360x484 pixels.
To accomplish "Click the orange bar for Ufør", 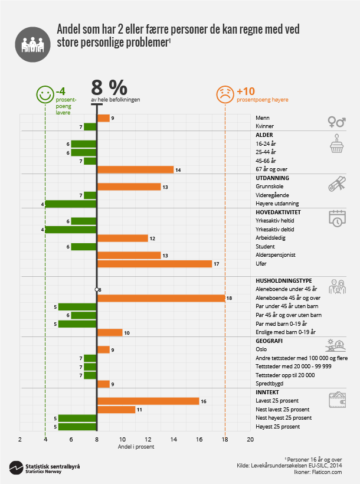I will tap(154, 264).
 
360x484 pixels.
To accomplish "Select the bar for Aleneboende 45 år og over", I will tap(161, 298).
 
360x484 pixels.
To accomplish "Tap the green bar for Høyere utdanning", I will tap(71, 204).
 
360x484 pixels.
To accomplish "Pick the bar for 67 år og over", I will tap(135, 169).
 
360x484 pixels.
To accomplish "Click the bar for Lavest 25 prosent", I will tap(148, 401).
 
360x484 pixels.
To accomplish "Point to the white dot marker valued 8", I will tap(97, 289).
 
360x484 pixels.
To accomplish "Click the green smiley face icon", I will tap(44, 94).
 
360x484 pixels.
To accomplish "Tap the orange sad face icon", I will tap(225, 94).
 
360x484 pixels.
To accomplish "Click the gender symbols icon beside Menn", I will tap(337, 122).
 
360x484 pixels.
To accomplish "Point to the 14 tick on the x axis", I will tap(174, 440).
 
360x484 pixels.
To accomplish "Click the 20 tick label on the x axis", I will tap(250, 440).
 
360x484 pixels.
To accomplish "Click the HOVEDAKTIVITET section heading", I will tap(279, 212).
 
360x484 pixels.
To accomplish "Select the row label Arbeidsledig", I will tap(270, 238).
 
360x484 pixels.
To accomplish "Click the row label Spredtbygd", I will tap(269, 384).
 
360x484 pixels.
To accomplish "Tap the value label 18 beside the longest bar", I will tap(229, 299).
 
